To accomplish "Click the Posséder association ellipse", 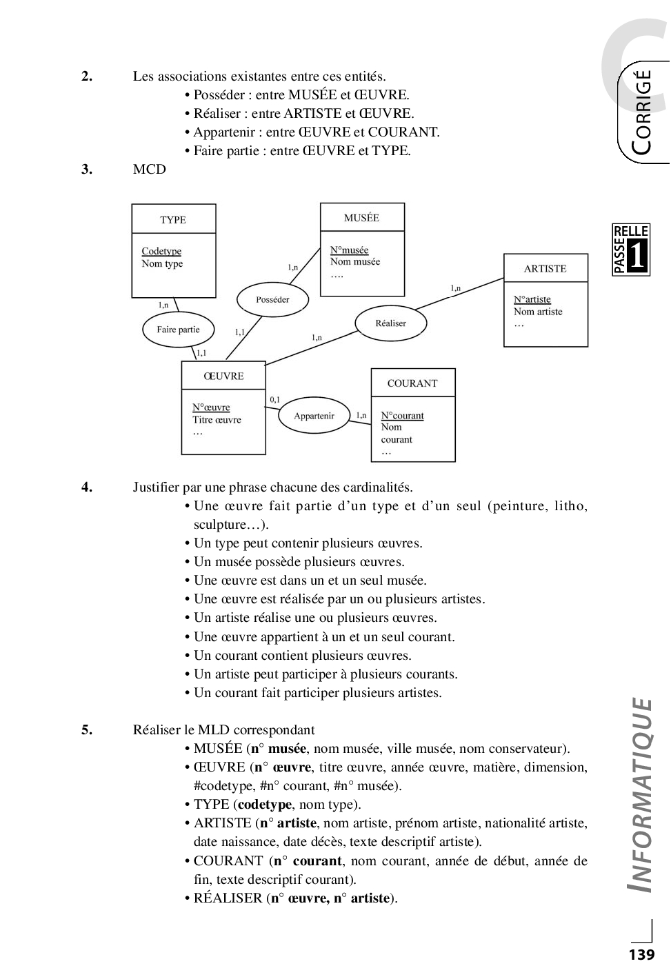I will [x=272, y=299].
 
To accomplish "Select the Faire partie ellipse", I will [x=178, y=330].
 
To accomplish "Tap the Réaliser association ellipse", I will [x=390, y=323].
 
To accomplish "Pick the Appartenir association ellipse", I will [x=314, y=416].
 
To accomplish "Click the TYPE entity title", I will [x=173, y=220].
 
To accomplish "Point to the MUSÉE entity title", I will [x=361, y=218].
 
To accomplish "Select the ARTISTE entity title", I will [x=545, y=269].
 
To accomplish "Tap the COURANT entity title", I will [x=412, y=383].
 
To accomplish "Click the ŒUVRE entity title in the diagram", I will [x=223, y=376].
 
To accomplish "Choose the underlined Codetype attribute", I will [x=161, y=252].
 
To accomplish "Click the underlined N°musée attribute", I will [x=349, y=250].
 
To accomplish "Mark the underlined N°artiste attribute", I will [x=532, y=299].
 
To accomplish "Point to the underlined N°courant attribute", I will [x=402, y=416].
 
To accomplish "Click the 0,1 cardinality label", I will [x=274, y=399].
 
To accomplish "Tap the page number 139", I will [x=641, y=955].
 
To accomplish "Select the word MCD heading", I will [x=150, y=170].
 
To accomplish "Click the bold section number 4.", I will [x=87, y=487].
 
